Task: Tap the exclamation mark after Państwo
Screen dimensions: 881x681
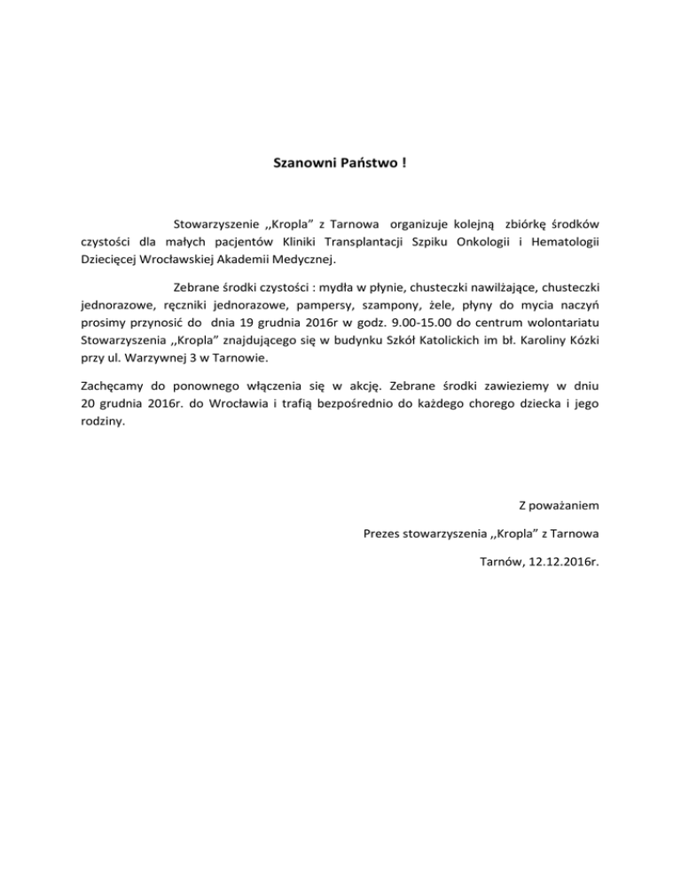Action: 403,164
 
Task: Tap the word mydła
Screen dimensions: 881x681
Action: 319,288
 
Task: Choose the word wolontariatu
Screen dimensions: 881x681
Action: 561,325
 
